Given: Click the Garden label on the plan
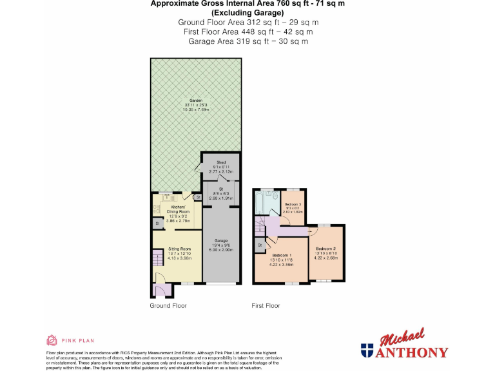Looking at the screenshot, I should (x=196, y=100).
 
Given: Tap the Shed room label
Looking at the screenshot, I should (x=220, y=161).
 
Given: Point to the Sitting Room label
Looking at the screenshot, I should (x=180, y=249).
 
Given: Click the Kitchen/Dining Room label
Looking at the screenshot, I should (x=180, y=209).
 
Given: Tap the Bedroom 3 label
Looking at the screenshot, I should (x=293, y=204).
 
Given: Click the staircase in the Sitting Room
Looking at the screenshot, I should (x=159, y=260).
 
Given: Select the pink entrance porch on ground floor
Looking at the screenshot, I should (x=162, y=290).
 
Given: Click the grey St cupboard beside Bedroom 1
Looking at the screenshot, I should (x=260, y=245).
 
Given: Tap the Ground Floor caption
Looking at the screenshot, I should (x=168, y=305).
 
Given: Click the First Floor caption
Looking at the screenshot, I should (x=266, y=305).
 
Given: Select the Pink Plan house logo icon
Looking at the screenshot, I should (x=52, y=340).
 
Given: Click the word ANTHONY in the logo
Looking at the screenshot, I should (x=412, y=352).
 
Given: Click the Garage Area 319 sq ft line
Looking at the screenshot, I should (x=248, y=41).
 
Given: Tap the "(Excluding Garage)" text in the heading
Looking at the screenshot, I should (x=248, y=12).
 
